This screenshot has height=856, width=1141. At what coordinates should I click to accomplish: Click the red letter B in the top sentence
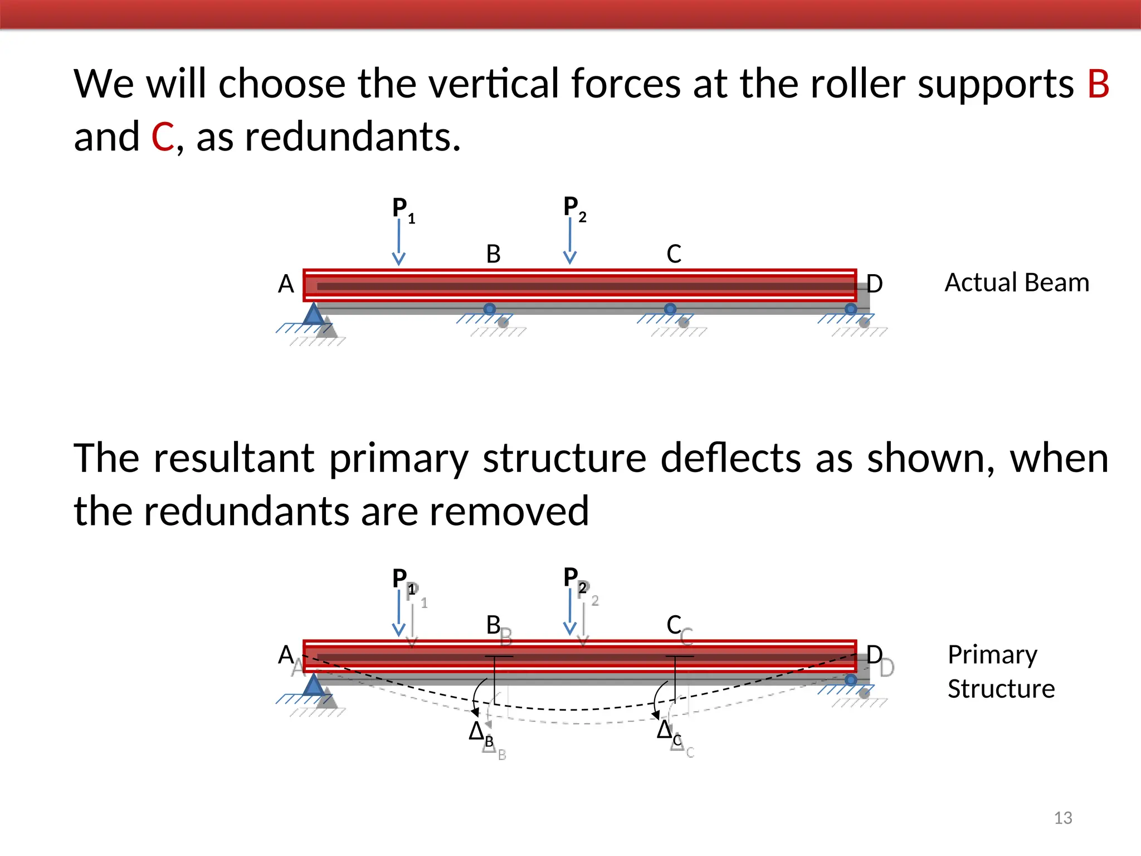pos(1098,84)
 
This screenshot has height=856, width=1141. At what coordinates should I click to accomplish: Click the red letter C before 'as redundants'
pos(163,137)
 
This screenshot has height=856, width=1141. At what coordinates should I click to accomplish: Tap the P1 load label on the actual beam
pos(403,208)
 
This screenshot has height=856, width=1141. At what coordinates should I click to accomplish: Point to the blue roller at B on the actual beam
pos(489,309)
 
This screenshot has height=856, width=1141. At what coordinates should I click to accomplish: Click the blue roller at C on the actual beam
pos(670,309)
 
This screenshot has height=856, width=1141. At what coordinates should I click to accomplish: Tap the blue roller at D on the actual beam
pos(851,309)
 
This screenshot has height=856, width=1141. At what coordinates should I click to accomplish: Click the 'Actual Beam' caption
pos(1017,283)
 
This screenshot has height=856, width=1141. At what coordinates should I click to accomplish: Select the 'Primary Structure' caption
pos(1001,672)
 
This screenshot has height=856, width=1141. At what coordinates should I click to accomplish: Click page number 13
pos(1063,818)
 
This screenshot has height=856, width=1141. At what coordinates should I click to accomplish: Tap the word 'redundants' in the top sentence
pos(352,137)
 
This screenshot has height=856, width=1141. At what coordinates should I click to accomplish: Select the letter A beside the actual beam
pos(286,284)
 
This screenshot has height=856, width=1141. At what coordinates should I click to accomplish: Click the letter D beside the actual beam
pos(875,284)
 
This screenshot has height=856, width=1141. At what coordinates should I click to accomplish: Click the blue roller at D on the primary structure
pos(851,680)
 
